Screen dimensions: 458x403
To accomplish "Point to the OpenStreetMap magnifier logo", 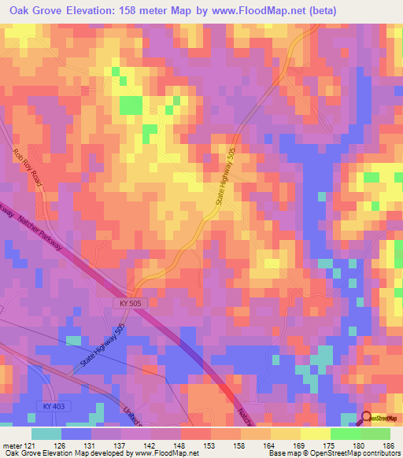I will click(x=367, y=418).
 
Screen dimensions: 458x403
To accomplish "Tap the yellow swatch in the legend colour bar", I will click(x=316, y=434).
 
